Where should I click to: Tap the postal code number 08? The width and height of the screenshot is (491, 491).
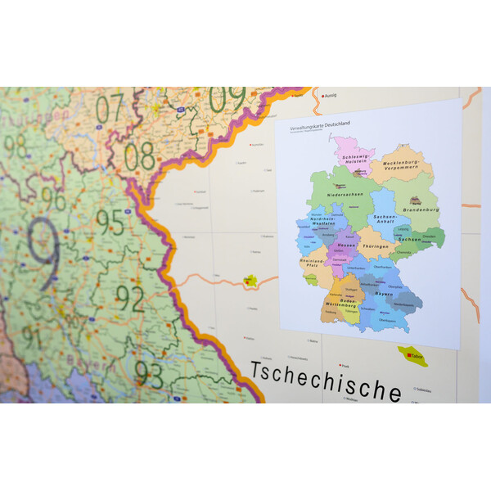click(139, 155)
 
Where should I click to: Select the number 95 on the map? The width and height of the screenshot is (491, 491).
click(110, 222)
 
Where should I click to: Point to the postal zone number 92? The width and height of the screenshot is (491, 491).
click(128, 299)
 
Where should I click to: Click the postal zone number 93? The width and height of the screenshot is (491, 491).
click(149, 373)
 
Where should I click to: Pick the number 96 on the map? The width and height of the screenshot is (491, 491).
click(53, 199)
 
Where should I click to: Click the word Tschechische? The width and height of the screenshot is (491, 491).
click(326, 382)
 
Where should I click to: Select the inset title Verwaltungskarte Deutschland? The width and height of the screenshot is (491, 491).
click(320, 124)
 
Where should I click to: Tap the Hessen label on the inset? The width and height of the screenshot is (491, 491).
click(346, 245)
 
